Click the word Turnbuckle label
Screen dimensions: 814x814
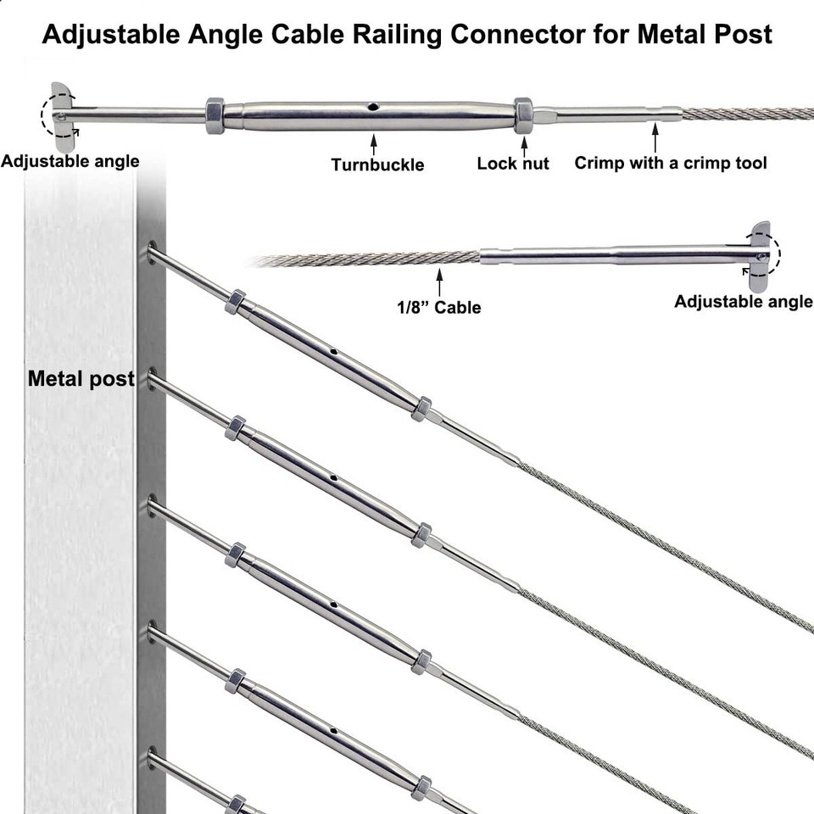377,164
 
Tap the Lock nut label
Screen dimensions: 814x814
513,163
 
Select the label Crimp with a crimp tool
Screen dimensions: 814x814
671,162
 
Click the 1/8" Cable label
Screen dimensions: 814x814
438,307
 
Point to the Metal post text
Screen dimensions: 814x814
81,378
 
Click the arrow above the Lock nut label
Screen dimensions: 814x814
523,142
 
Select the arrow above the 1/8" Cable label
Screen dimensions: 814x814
439,281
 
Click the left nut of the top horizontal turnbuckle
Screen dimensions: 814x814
215,114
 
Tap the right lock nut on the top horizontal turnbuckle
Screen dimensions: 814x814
523,114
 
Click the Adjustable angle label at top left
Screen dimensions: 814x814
70,160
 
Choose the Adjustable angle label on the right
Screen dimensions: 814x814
744,301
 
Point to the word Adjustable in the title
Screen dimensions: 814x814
108,34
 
